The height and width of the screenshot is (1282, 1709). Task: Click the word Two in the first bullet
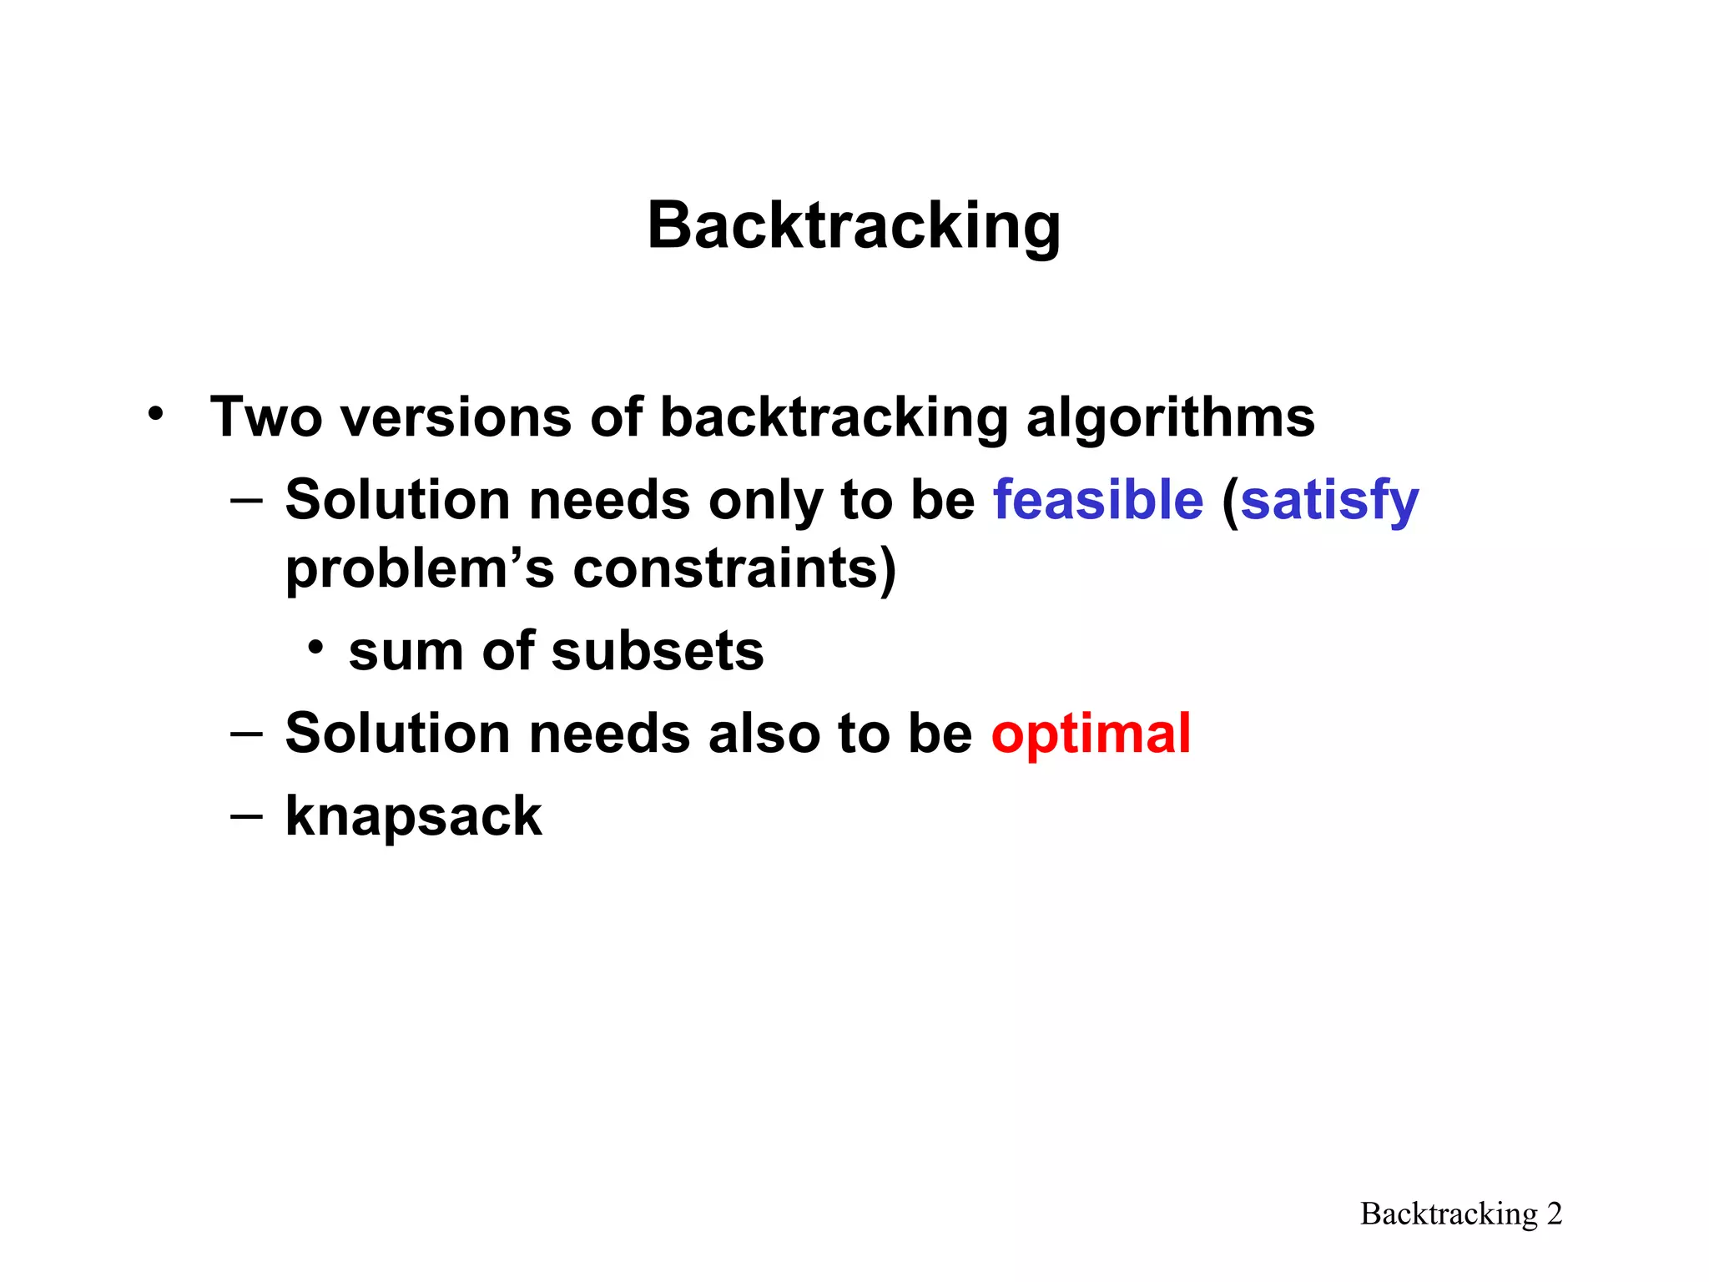click(265, 416)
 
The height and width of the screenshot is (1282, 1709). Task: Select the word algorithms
click(1170, 416)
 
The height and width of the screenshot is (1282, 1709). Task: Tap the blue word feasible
click(1097, 500)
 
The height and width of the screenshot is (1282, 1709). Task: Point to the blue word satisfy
click(1329, 500)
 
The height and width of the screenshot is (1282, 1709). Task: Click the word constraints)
click(734, 568)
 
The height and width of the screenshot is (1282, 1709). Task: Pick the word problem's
click(420, 570)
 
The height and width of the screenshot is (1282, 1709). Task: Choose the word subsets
click(658, 651)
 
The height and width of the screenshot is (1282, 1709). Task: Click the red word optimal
click(1090, 734)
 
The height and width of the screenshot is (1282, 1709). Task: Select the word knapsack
click(414, 816)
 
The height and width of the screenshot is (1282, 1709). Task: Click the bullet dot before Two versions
click(155, 412)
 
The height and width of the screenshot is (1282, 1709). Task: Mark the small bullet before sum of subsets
click(315, 647)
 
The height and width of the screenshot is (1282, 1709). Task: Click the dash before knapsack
click(246, 815)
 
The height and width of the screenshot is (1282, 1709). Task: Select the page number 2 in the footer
click(1554, 1214)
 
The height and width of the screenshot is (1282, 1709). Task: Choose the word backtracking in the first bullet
click(834, 416)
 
